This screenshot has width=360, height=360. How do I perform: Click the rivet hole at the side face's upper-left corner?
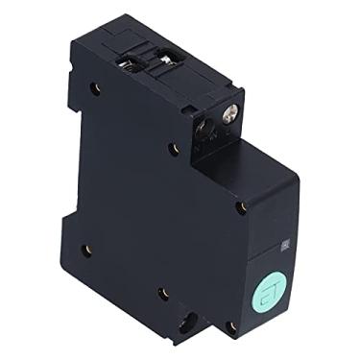point(94,88)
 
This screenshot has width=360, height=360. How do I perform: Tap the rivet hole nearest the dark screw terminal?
point(173,148)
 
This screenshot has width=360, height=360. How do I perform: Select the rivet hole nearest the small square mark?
point(243,205)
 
